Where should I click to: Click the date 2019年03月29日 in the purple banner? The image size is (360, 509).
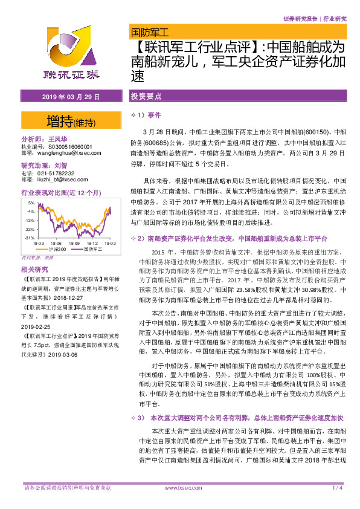tap(71, 97)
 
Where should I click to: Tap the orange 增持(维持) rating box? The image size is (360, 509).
tap(71, 122)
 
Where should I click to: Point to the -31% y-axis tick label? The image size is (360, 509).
tap(28, 239)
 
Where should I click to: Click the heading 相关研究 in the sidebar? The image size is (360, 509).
tap(34, 270)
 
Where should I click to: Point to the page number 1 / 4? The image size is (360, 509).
tap(337, 487)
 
